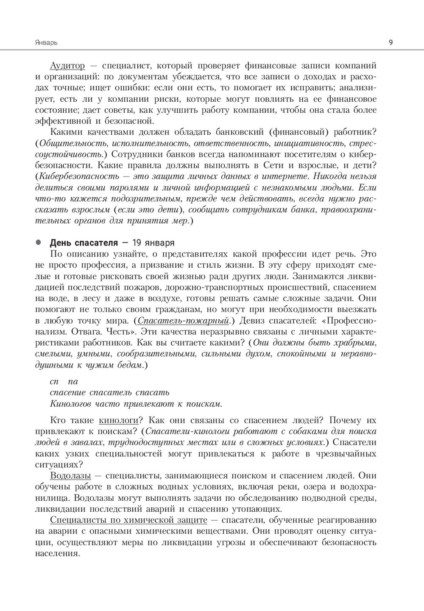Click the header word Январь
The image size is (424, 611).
(46, 42)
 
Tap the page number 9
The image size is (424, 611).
(390, 42)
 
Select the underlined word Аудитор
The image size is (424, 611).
(67, 66)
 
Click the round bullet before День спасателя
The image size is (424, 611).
(38, 243)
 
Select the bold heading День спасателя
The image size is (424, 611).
(84, 243)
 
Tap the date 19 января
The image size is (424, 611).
(153, 243)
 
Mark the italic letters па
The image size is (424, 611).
(73, 381)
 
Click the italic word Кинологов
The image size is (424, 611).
(69, 403)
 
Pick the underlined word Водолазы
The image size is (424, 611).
(70, 475)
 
